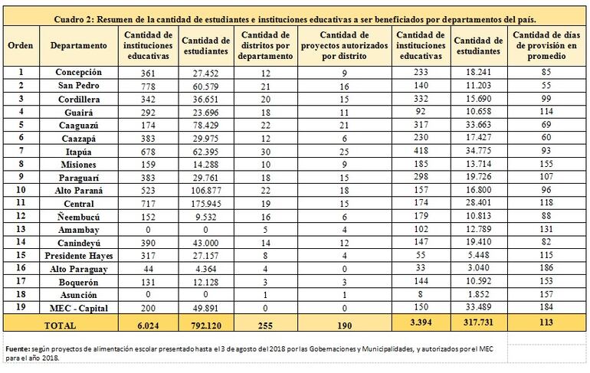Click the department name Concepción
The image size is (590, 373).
(x=79, y=72)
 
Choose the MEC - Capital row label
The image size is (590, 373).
(x=79, y=307)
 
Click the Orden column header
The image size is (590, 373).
(x=20, y=46)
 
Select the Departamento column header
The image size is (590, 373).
(x=79, y=46)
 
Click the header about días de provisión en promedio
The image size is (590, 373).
(x=546, y=46)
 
